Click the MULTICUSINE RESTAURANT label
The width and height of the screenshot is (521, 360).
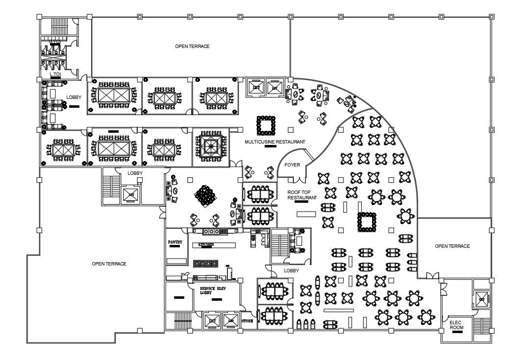click(x=274, y=142)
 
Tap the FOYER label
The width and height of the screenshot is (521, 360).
click(x=292, y=165)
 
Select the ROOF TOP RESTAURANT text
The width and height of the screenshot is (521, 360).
click(x=302, y=194)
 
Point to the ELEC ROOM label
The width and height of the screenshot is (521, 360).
click(x=456, y=324)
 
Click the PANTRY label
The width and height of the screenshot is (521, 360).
click(x=175, y=242)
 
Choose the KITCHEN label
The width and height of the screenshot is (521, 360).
click(x=206, y=244)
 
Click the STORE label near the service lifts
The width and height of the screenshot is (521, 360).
click(x=248, y=321)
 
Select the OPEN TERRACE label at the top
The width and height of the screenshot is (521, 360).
click(x=192, y=46)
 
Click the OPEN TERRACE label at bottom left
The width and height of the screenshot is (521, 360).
click(x=109, y=264)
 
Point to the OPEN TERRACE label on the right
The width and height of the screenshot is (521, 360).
click(x=452, y=246)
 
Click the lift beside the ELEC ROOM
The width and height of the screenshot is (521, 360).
click(x=481, y=299)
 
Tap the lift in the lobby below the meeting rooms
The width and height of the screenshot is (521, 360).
click(x=131, y=194)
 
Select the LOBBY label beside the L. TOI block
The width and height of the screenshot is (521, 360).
click(x=74, y=97)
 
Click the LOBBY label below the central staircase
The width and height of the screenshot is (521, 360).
click(x=292, y=270)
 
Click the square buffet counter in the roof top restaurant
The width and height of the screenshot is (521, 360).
click(x=367, y=221)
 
